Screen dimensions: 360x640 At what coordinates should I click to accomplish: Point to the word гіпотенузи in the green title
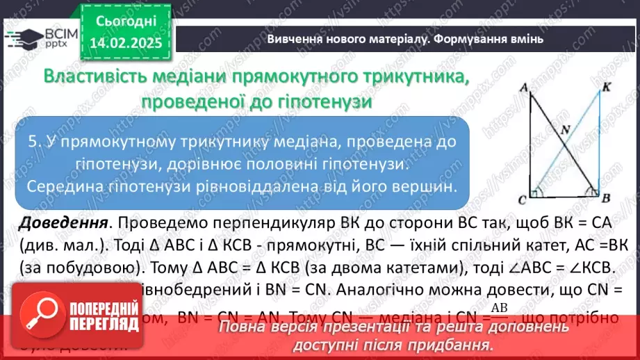click(x=327, y=101)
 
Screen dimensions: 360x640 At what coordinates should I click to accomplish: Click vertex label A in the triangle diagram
click(x=520, y=85)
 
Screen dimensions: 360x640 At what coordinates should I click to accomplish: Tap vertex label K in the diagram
click(x=607, y=86)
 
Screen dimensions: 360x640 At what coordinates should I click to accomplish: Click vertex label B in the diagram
click(x=605, y=199)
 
